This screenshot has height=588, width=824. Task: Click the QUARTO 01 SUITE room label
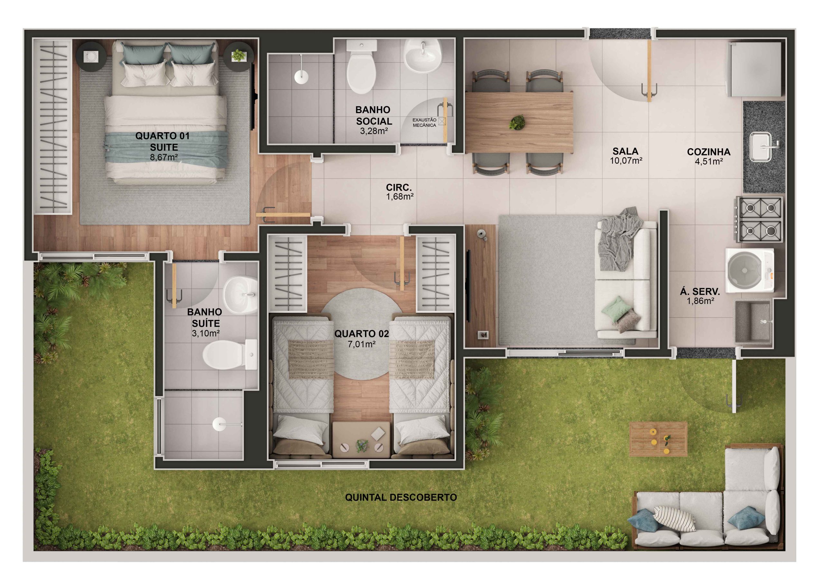pos(163,141)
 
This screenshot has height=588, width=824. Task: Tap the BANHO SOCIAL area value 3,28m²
pos(373,131)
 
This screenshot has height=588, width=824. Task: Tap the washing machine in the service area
pos(749,270)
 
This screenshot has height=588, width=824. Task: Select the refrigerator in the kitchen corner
pos(755,69)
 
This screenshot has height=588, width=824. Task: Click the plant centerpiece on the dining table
pos(517,122)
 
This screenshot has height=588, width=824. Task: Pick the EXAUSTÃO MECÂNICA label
pos(424,122)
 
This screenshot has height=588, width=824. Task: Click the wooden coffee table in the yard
pos(658,438)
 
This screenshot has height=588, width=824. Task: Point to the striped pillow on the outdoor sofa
pos(674,519)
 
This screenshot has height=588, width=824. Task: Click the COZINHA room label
pos(708,152)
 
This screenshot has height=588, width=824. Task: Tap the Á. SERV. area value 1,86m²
pos(700,301)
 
